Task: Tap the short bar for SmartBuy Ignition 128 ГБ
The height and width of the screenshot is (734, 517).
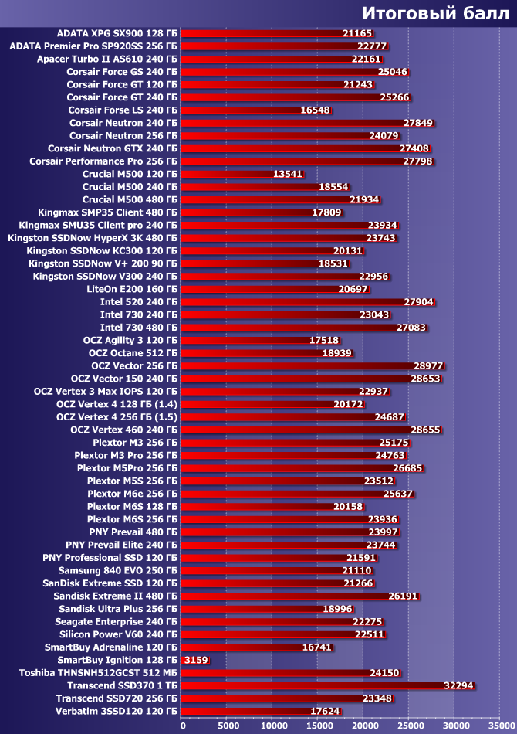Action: pos(185,660)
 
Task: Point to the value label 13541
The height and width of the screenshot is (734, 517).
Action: pos(287,174)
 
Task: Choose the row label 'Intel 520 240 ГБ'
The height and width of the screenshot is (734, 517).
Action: pos(134,302)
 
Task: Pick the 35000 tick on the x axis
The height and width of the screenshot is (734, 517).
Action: pos(499,726)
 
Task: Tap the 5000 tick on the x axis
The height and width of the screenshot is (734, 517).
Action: pos(228,726)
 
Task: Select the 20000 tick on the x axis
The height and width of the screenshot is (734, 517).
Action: pos(363,726)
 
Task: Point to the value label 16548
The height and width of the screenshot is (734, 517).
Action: pos(315,110)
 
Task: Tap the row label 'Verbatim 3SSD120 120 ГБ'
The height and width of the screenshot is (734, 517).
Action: pos(116,711)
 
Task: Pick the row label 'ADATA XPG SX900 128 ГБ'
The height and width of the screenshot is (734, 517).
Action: pos(117,33)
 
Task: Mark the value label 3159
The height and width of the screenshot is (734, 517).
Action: pos(196,660)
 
